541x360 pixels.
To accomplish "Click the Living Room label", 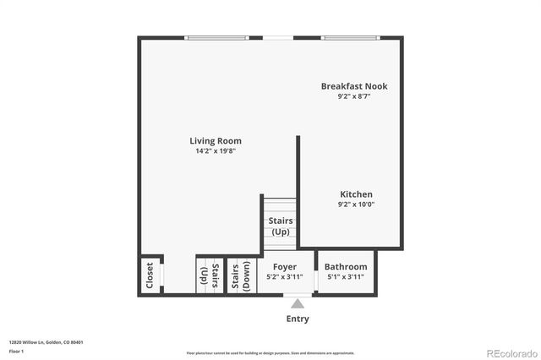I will [x=216, y=141].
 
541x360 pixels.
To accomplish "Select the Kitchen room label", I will [x=356, y=194].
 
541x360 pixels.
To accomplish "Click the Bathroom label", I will [x=346, y=266].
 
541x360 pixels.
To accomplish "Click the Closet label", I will [x=150, y=275].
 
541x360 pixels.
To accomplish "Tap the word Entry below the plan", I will [x=298, y=319].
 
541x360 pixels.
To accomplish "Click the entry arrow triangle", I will [x=298, y=303].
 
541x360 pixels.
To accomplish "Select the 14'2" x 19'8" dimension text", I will [x=216, y=152].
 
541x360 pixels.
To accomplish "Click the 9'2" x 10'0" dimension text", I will [x=356, y=205].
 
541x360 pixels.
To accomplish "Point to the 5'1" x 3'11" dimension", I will [x=346, y=276].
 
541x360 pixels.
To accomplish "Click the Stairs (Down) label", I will [x=241, y=275].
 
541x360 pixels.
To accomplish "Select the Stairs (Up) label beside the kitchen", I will [x=281, y=226].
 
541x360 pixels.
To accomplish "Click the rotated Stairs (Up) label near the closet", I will [x=210, y=275].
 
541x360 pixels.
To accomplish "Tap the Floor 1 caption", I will [x=16, y=350].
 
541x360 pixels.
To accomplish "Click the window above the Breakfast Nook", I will [x=349, y=37].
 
